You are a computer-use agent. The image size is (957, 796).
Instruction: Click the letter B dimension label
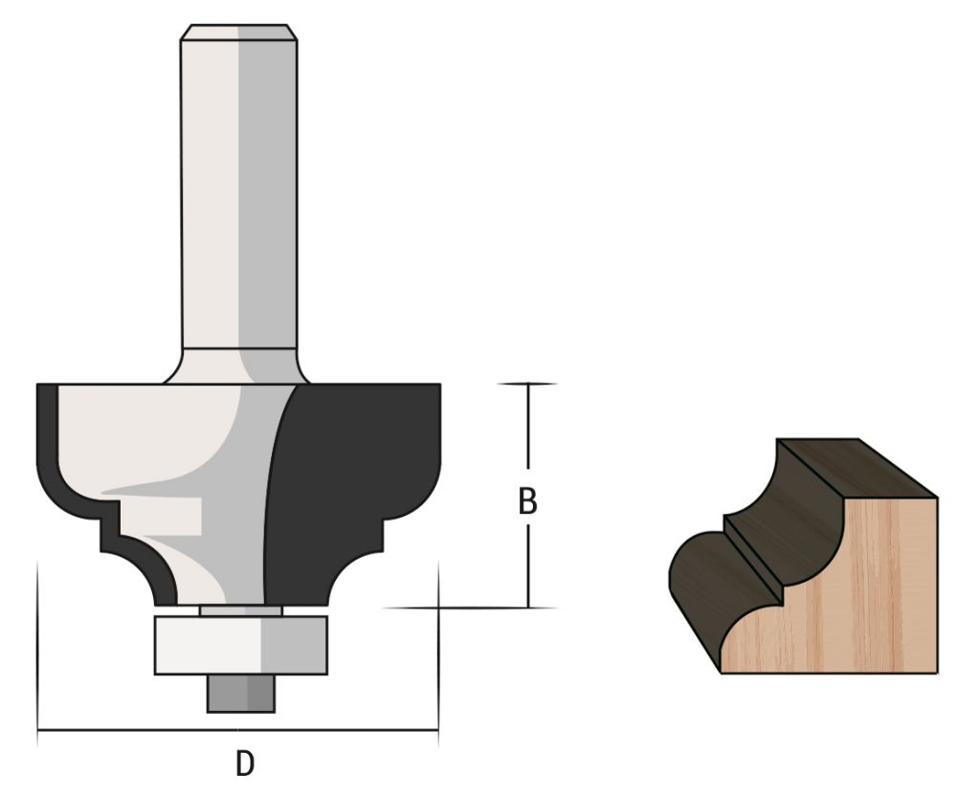tap(526, 501)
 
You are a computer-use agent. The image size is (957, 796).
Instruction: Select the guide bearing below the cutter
tap(240, 645)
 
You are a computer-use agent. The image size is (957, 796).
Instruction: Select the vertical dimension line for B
tap(528, 440)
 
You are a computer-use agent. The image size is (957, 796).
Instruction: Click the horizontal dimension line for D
tap(144, 734)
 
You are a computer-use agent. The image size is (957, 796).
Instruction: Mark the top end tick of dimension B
tap(528, 384)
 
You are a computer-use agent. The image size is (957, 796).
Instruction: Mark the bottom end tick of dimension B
tap(528, 608)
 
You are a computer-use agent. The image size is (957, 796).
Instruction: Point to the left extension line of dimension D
tap(37, 651)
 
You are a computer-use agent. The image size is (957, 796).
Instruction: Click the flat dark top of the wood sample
tap(852, 469)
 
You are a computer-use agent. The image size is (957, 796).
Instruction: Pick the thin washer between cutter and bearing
tap(240, 609)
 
